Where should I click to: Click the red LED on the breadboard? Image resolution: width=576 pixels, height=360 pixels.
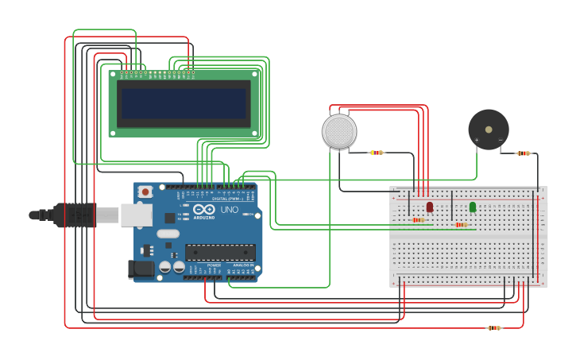tap(430, 207)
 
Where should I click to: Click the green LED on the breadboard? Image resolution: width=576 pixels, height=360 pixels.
tap(473, 207)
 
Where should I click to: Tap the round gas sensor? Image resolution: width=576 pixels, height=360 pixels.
tap(339, 131)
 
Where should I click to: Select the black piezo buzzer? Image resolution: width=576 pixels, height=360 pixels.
tap(488, 130)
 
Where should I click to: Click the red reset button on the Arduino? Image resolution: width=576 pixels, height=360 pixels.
tap(145, 192)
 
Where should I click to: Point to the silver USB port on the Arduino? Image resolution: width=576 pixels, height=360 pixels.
tap(136, 215)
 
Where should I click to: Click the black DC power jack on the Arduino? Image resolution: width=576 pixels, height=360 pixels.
tap(141, 269)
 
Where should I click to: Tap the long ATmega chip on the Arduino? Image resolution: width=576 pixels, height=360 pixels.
tap(220, 252)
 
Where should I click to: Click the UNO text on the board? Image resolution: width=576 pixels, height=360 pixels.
tap(229, 209)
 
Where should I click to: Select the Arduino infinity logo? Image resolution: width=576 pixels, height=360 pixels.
tap(203, 209)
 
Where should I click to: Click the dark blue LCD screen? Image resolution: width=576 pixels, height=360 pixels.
tap(184, 103)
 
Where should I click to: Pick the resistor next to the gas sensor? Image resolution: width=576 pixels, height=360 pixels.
tap(377, 153)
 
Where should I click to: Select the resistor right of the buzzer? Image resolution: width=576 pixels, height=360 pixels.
tap(524, 153)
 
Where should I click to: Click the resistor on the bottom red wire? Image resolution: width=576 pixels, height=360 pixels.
tap(494, 327)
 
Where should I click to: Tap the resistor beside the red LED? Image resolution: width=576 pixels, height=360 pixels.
tap(418, 219)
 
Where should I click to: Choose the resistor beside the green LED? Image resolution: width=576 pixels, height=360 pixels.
tap(461, 225)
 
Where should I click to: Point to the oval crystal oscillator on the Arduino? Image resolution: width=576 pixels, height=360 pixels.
tap(168, 234)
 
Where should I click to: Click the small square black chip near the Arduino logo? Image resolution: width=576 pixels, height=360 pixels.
tap(169, 217)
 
